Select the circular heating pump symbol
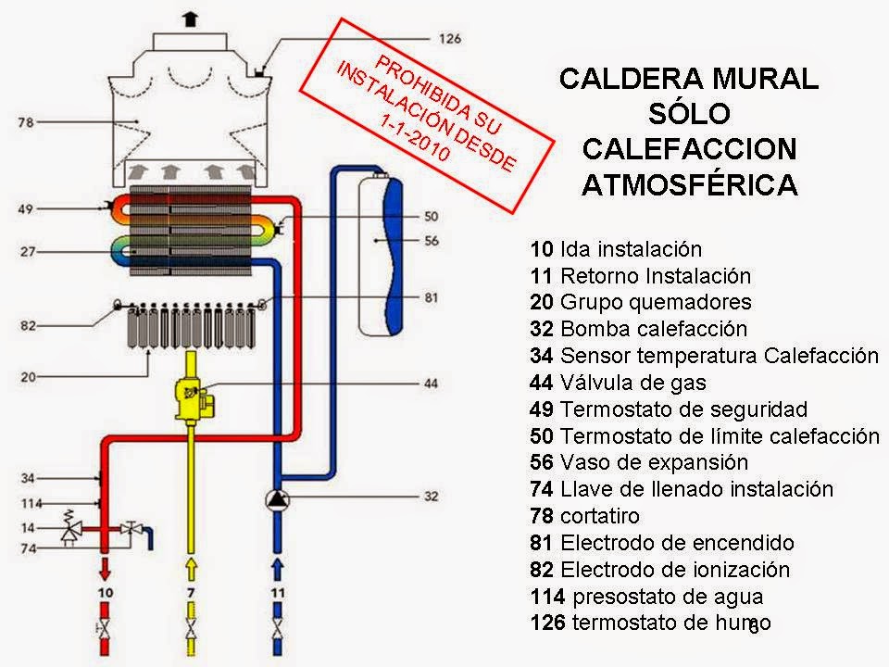pos(277,499)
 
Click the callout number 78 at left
pos(26,121)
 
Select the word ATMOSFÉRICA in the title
pos(689,184)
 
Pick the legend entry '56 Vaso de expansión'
pos(639,462)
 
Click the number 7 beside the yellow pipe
pos(191,590)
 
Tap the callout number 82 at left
pos(27,326)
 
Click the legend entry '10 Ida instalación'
pos(616,249)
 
